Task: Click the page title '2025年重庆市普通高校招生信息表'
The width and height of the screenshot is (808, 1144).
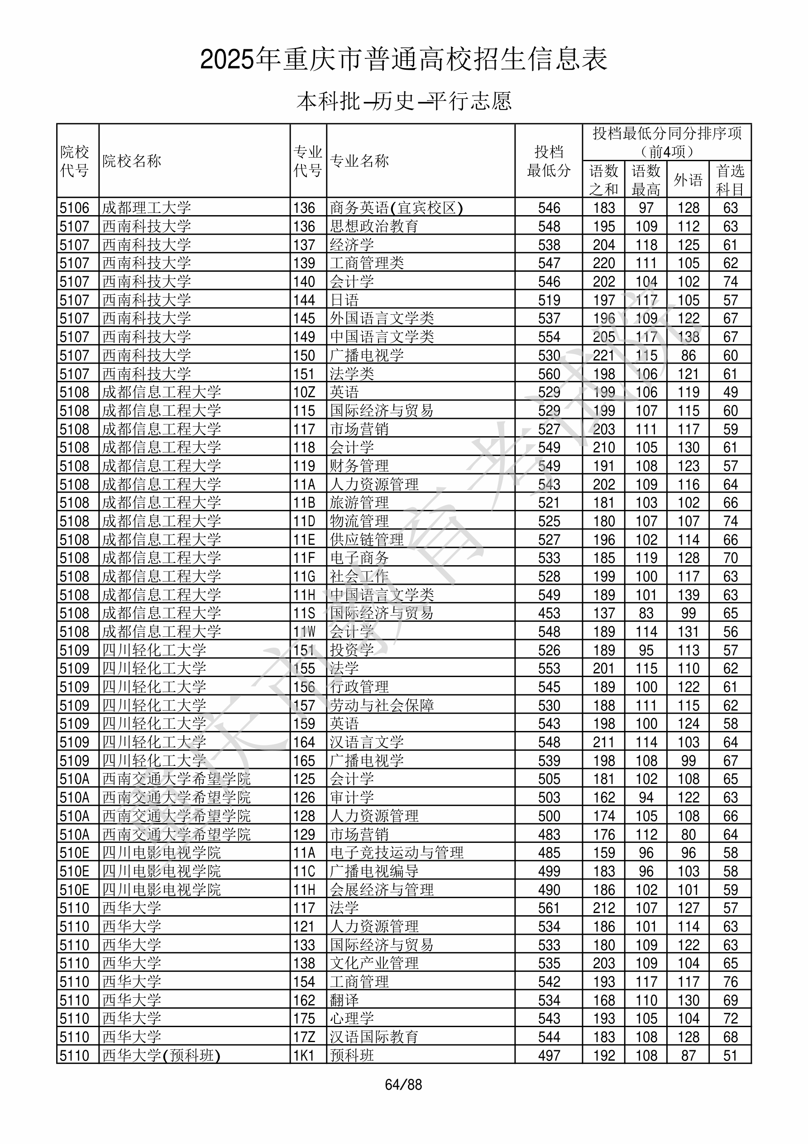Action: click(403, 60)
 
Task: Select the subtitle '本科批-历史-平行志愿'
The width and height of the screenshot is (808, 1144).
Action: click(403, 101)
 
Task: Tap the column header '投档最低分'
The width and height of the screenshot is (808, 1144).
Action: click(549, 161)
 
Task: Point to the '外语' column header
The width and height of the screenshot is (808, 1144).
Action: click(688, 180)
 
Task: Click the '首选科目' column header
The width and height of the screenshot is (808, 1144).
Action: click(730, 180)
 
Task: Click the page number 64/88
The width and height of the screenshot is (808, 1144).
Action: click(403, 1085)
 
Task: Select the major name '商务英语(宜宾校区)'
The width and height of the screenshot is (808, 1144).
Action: click(396, 208)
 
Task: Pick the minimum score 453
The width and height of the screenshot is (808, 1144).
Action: click(549, 613)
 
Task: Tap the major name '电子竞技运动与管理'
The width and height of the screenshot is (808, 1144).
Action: click(397, 852)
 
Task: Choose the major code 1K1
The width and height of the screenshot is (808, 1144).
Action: click(304, 1055)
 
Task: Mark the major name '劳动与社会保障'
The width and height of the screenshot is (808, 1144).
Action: click(382, 706)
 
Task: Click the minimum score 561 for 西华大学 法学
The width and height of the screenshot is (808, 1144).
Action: click(549, 908)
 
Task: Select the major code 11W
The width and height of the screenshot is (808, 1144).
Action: click(304, 632)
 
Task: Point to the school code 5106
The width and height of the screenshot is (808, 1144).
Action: click(74, 208)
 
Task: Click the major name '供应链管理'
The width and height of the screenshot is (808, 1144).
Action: click(367, 539)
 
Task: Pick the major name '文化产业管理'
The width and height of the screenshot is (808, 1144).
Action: click(374, 963)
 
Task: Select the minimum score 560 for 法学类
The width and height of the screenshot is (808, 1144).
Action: click(549, 374)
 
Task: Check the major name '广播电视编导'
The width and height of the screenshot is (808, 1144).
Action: click(374, 871)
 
